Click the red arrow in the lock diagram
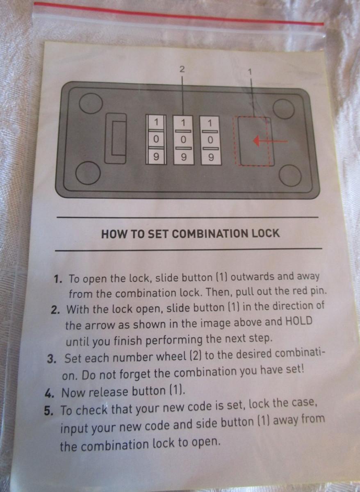click(270, 141)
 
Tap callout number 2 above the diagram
click(182, 69)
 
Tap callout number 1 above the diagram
click(250, 72)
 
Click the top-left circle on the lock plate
click(91, 103)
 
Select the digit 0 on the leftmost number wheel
click(156, 139)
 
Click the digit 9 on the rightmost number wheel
click(211, 157)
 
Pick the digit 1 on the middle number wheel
click(183, 123)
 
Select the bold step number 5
click(48, 411)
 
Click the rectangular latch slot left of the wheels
click(116, 139)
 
